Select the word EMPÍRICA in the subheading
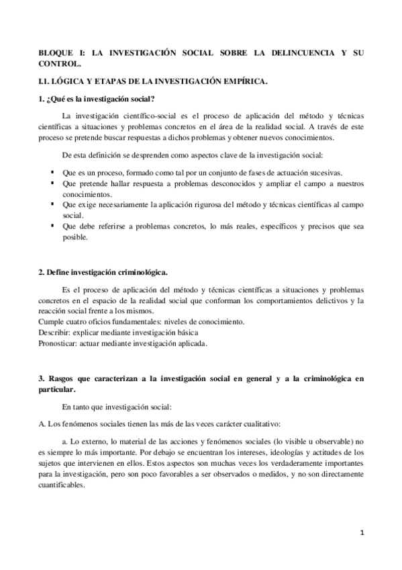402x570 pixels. [245, 82]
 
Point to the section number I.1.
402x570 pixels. [46, 82]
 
